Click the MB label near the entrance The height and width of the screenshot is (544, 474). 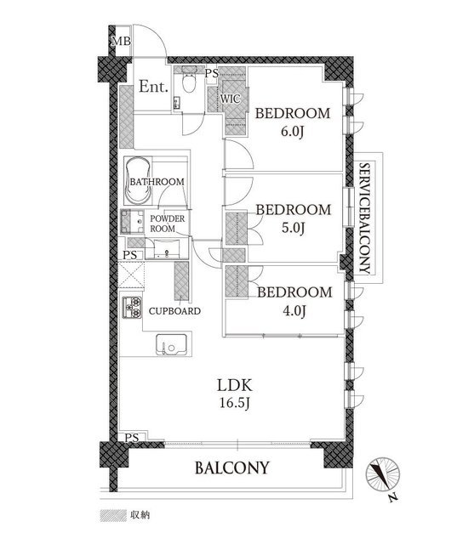click(x=121, y=42)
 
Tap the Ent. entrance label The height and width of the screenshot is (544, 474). click(x=153, y=87)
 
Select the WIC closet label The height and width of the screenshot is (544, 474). click(x=231, y=99)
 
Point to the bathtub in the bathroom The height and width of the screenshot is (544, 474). click(x=138, y=180)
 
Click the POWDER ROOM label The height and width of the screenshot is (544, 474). click(x=168, y=224)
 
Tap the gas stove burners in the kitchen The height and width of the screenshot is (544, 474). click(x=132, y=307)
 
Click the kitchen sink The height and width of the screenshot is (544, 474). click(x=172, y=343)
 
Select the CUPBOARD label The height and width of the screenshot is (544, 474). click(x=174, y=311)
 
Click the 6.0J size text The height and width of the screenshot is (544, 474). click(x=293, y=132)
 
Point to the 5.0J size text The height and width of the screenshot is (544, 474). click(x=293, y=228)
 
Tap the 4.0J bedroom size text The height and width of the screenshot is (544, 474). click(x=294, y=311)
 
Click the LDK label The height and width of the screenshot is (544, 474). click(x=235, y=385)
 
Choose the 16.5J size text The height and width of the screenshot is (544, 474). click(x=235, y=403)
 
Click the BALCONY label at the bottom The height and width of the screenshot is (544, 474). click(x=232, y=467)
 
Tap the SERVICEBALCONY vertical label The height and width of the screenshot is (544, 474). click(x=364, y=218)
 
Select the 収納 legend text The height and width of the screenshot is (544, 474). click(x=140, y=515)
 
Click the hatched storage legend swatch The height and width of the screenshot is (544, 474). click(x=113, y=515)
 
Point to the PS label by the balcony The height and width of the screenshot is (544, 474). click(x=132, y=438)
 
